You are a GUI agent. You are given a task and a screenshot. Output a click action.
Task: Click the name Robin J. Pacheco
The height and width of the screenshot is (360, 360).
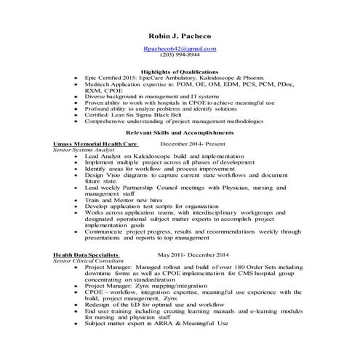click(x=179, y=35)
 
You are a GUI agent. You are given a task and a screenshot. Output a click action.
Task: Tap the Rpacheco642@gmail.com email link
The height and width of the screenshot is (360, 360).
click(x=180, y=48)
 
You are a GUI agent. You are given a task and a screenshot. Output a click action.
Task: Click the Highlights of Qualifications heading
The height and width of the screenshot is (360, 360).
click(x=180, y=72)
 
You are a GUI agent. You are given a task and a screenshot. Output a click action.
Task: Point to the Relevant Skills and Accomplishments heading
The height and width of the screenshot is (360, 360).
click(x=180, y=134)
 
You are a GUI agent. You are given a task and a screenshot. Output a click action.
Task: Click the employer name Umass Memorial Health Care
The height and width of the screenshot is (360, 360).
click(x=96, y=144)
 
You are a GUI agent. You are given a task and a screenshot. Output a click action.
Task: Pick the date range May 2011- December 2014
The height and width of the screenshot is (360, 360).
click(x=193, y=255)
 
